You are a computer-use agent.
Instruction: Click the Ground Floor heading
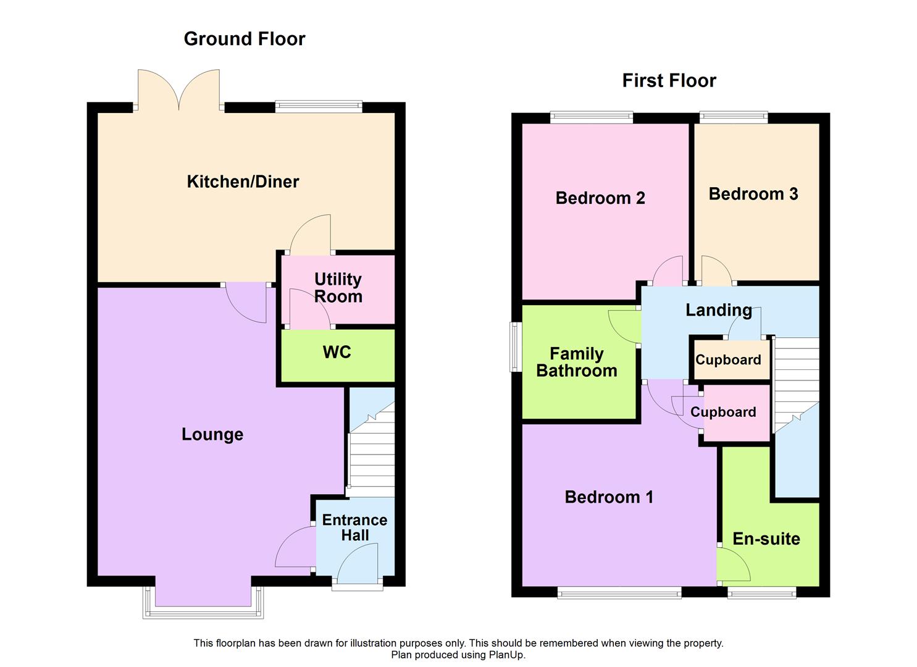pos(245,39)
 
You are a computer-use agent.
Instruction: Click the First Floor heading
pos(669,81)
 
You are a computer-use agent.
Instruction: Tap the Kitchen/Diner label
pos(243,182)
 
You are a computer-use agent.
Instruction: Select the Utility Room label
pos(338,288)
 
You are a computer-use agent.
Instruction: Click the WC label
pos(337,352)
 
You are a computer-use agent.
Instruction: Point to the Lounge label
pos(212,434)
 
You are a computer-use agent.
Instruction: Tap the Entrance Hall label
pos(354,527)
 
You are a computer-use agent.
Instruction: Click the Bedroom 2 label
pos(600,198)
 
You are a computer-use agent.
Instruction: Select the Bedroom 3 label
pos(753,194)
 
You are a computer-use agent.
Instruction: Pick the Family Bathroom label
pos(577,362)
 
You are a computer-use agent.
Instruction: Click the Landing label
pos(718,310)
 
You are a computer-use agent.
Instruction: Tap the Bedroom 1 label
pos(609,497)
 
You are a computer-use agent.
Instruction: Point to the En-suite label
pos(766,539)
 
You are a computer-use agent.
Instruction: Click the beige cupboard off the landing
pos(729,359)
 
